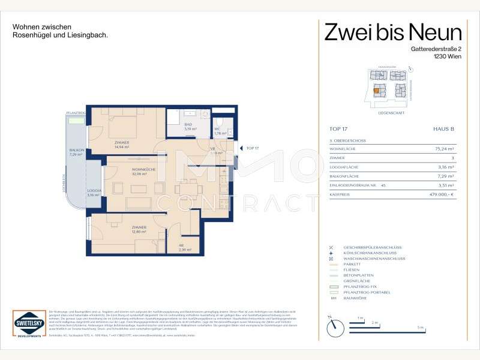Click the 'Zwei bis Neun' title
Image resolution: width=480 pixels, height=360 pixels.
tap(393, 32)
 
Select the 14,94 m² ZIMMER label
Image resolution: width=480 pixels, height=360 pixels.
tap(122, 143)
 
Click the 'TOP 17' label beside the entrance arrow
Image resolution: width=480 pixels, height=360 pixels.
tap(253, 148)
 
